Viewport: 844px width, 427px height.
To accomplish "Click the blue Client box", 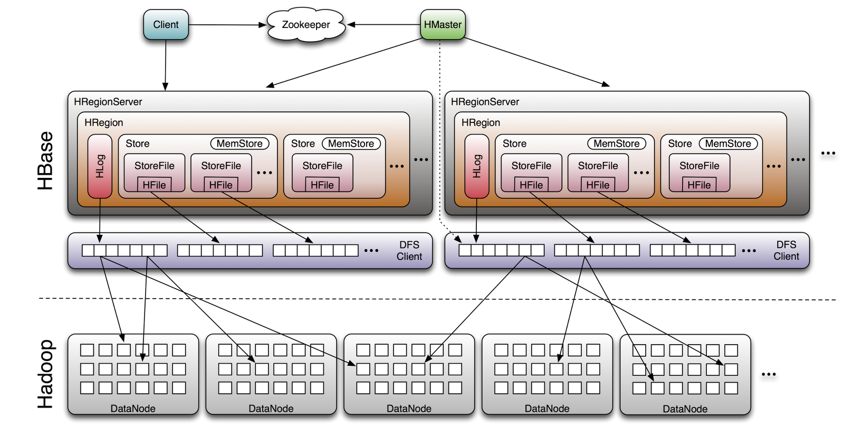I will pyautogui.click(x=166, y=25).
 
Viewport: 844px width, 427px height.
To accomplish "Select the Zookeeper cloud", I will pyautogui.click(x=306, y=25).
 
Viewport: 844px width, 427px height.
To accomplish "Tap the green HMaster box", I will pyautogui.click(x=443, y=25).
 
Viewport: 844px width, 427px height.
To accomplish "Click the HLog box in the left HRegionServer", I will pyautogui.click(x=100, y=166).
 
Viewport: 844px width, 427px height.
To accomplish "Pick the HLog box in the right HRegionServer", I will pyautogui.click(x=477, y=166).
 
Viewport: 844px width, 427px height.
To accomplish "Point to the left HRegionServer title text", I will pyautogui.click(x=108, y=102).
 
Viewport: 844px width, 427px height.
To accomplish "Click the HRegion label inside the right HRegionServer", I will pyautogui.click(x=481, y=122).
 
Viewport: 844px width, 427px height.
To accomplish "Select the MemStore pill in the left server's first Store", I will pyautogui.click(x=239, y=144).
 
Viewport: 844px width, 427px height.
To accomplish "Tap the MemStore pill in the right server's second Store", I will pyautogui.click(x=728, y=144).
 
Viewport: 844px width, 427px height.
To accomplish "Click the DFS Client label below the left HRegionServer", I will pyautogui.click(x=409, y=251).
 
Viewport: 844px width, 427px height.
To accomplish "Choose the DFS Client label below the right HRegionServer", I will pyautogui.click(x=786, y=251).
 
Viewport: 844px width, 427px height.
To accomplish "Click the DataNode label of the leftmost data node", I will pyautogui.click(x=133, y=409).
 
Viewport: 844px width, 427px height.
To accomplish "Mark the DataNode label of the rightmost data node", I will pyautogui.click(x=685, y=409).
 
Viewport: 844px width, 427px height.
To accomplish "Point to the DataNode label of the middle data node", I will pyautogui.click(x=409, y=409).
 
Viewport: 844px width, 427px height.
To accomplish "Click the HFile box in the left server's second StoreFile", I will pyautogui.click(x=220, y=185).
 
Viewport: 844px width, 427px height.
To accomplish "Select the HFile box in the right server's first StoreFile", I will pyautogui.click(x=531, y=185).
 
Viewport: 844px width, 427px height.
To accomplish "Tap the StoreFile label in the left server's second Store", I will pyautogui.click(x=322, y=166).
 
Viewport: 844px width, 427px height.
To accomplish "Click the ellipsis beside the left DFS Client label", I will pyautogui.click(x=371, y=251).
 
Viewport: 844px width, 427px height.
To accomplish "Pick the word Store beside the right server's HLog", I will pyautogui.click(x=514, y=144).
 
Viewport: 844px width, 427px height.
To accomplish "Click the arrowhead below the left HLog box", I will pyautogui.click(x=100, y=239).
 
